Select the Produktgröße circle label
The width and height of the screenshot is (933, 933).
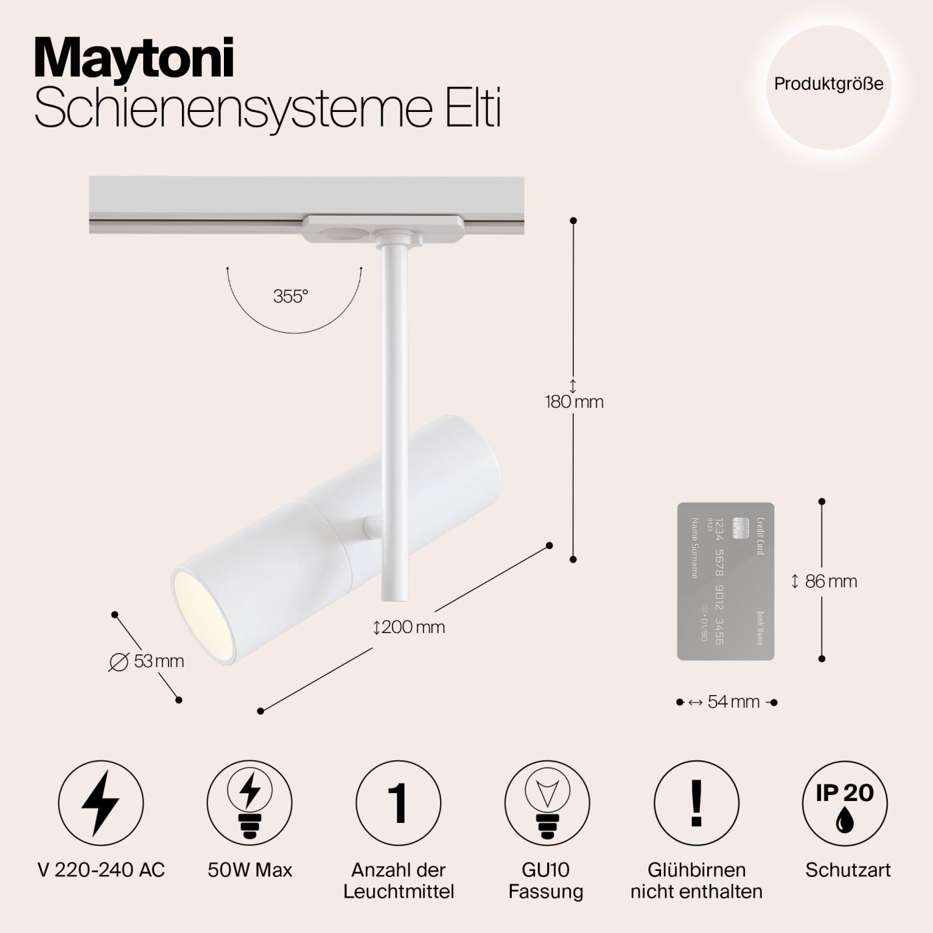pyautogui.click(x=828, y=84)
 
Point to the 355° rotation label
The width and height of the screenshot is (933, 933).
pyautogui.click(x=291, y=297)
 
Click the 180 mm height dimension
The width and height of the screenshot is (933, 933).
pyautogui.click(x=574, y=402)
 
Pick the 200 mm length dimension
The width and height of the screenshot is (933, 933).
pyautogui.click(x=409, y=627)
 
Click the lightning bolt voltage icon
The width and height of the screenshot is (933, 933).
pyautogui.click(x=101, y=803)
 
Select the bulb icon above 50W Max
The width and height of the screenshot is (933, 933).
pyautogui.click(x=249, y=803)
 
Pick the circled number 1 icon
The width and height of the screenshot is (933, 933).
pyautogui.click(x=398, y=803)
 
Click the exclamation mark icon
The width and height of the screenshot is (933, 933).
pyautogui.click(x=696, y=803)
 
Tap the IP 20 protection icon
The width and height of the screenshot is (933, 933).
pyautogui.click(x=845, y=803)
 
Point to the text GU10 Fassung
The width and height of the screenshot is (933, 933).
pyautogui.click(x=546, y=880)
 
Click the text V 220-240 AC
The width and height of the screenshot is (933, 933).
pyautogui.click(x=101, y=870)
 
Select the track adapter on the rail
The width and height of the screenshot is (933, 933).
pyautogui.click(x=382, y=227)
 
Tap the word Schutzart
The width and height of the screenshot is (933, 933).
pyautogui.click(x=848, y=870)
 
